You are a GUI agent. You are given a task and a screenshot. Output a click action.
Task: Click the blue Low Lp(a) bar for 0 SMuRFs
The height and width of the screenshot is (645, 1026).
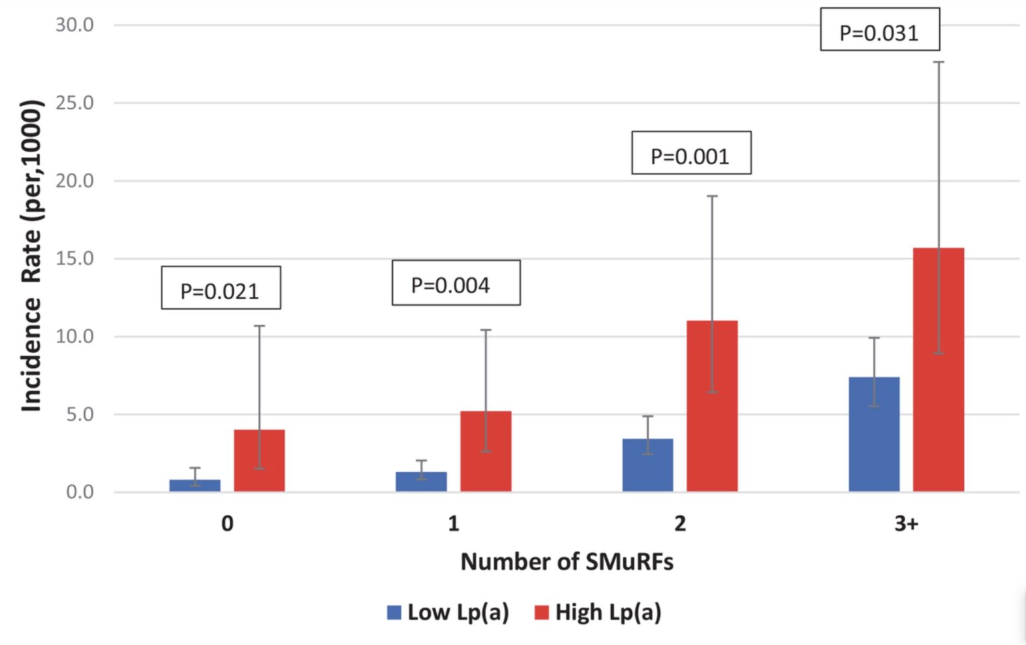[x=194, y=485]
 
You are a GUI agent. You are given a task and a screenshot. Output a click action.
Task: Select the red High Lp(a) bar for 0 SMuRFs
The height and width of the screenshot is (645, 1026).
[x=259, y=461]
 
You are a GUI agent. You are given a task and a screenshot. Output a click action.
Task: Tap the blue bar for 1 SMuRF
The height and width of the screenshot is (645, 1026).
[x=421, y=481]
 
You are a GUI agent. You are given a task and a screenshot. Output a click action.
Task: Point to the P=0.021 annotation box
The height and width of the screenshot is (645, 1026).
[x=220, y=288]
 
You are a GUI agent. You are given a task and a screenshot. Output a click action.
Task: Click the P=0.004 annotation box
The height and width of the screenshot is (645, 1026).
[x=456, y=282]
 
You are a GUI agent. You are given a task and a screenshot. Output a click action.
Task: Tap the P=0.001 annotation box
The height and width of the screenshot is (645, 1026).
[x=691, y=153]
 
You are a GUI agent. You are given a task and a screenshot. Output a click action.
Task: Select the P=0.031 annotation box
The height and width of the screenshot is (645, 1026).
[x=880, y=29]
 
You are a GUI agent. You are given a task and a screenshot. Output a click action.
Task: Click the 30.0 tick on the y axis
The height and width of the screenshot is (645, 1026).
[x=74, y=25]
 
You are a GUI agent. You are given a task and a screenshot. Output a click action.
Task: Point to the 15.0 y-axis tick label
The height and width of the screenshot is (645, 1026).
[x=74, y=259]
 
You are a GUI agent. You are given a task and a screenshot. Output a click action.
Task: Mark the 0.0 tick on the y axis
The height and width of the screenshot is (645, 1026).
[x=79, y=492]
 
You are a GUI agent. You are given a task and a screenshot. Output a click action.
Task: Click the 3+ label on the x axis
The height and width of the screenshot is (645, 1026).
[x=906, y=523]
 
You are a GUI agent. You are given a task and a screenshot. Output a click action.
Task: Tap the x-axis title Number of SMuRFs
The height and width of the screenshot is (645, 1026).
[x=566, y=562]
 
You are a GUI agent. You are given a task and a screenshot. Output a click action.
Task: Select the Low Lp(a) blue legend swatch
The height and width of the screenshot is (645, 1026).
[x=394, y=612]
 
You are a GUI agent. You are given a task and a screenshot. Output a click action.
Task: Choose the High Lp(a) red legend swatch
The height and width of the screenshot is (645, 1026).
[x=542, y=612]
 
